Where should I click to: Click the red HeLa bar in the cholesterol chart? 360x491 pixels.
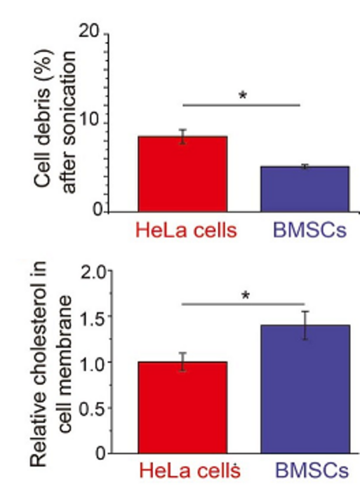tap(182, 408)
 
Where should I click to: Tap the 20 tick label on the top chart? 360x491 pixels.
tap(90, 34)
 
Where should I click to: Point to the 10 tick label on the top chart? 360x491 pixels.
tap(90, 122)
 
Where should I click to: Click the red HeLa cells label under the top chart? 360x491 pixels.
tap(185, 229)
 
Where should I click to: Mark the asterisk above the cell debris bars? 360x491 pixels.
tap(243, 95)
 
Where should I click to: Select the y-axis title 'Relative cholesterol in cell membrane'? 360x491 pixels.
tap(58, 365)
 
